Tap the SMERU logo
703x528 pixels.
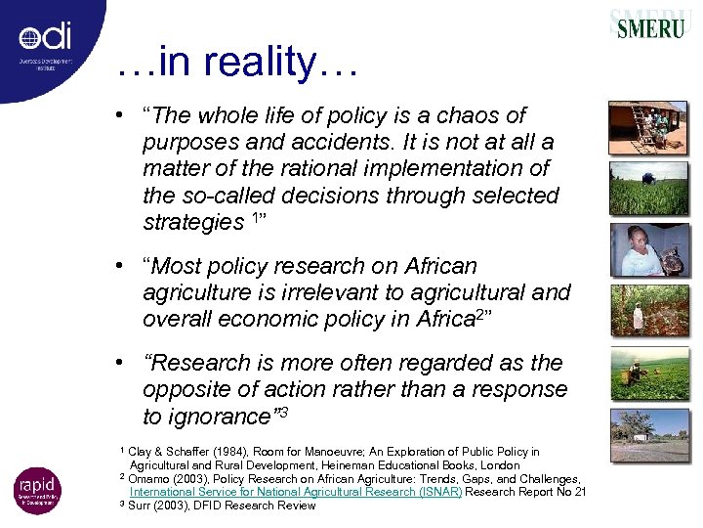(651, 26)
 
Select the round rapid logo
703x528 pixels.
(37, 491)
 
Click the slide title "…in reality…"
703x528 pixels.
(237, 65)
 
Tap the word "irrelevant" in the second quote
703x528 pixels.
(309, 291)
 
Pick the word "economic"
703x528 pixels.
(264, 318)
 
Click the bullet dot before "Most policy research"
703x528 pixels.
(116, 266)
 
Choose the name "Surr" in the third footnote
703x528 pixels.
(143, 506)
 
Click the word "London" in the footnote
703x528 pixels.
(498, 465)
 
